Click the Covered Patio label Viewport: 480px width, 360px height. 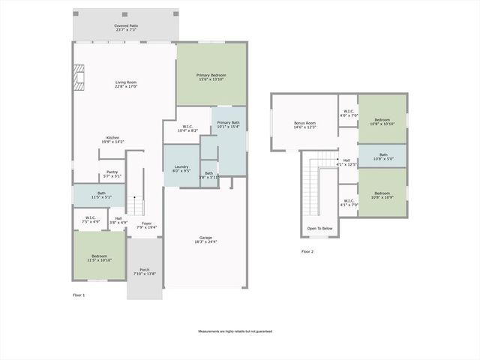tap(126, 28)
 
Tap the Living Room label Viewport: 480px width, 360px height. tap(126, 84)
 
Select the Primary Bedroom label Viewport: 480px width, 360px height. tap(211, 77)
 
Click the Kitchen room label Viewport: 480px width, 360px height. tap(112, 139)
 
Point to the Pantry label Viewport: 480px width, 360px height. tap(112, 174)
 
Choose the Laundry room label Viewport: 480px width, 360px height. tap(181, 169)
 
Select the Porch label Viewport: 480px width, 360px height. tap(144, 271)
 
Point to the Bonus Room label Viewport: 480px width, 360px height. tap(304, 124)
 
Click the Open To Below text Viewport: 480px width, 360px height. tap(319, 228)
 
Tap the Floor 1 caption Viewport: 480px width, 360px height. tap(79, 295)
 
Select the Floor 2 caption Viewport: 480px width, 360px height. tap(307, 251)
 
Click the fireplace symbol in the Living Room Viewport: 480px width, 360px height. tap(79, 77)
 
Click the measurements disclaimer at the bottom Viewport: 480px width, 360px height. tap(235, 331)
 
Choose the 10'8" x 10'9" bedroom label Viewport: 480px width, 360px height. tap(382, 195)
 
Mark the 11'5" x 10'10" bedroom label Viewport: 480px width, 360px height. tap(99, 258)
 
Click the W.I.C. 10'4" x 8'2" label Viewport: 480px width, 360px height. tap(187, 128)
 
